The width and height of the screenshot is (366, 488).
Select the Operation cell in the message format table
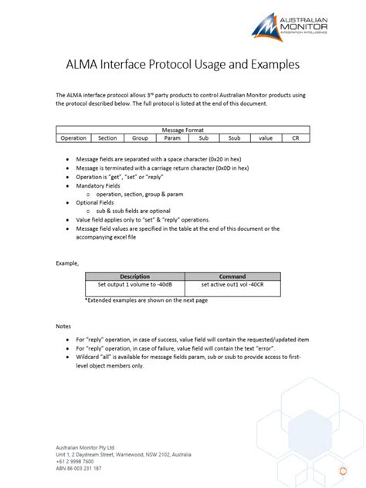(x=73, y=137)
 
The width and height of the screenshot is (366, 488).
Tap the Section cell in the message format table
(x=107, y=137)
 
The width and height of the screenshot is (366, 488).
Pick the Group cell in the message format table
(x=140, y=137)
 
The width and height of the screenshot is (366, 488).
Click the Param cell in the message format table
(x=171, y=137)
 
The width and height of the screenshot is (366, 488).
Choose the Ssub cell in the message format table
(x=235, y=137)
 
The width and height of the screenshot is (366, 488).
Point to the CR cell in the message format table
(x=295, y=137)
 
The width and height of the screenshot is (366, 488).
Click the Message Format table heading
(x=183, y=130)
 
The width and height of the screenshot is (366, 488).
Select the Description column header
(x=135, y=276)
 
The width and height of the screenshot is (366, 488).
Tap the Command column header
(x=232, y=276)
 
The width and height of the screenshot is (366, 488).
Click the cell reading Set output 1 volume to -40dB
(x=135, y=284)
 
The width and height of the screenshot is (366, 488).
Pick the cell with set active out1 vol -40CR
(x=232, y=284)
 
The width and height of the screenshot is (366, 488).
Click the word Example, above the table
(x=67, y=263)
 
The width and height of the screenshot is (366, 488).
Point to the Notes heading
(x=63, y=326)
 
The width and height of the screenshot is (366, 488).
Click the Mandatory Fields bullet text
(x=97, y=186)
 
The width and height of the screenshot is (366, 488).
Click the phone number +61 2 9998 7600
(x=75, y=461)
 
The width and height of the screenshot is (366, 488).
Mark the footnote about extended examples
(x=146, y=299)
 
